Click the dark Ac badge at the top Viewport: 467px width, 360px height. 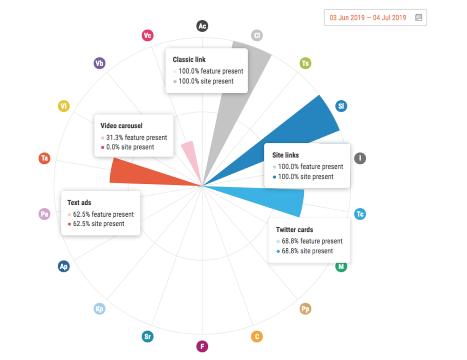tap(202, 26)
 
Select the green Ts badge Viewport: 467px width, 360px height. tap(306, 63)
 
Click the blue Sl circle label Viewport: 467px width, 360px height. tap(341, 106)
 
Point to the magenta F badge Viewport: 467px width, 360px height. tap(202, 347)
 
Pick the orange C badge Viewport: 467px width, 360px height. tap(257, 337)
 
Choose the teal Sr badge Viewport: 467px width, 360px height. tap(147, 337)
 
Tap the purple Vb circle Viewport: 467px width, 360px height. tap(99, 63)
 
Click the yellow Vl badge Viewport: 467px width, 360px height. tap(64, 106)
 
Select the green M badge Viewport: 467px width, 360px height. tap(341, 266)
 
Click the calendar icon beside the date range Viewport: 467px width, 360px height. tap(419, 18)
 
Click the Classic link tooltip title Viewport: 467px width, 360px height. tap(189, 60)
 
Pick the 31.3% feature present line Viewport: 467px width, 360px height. tap(134, 137)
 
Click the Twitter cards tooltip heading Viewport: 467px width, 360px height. tap(295, 230)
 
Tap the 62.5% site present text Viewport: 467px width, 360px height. tap(99, 224)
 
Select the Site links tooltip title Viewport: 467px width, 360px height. tap(285, 156)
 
